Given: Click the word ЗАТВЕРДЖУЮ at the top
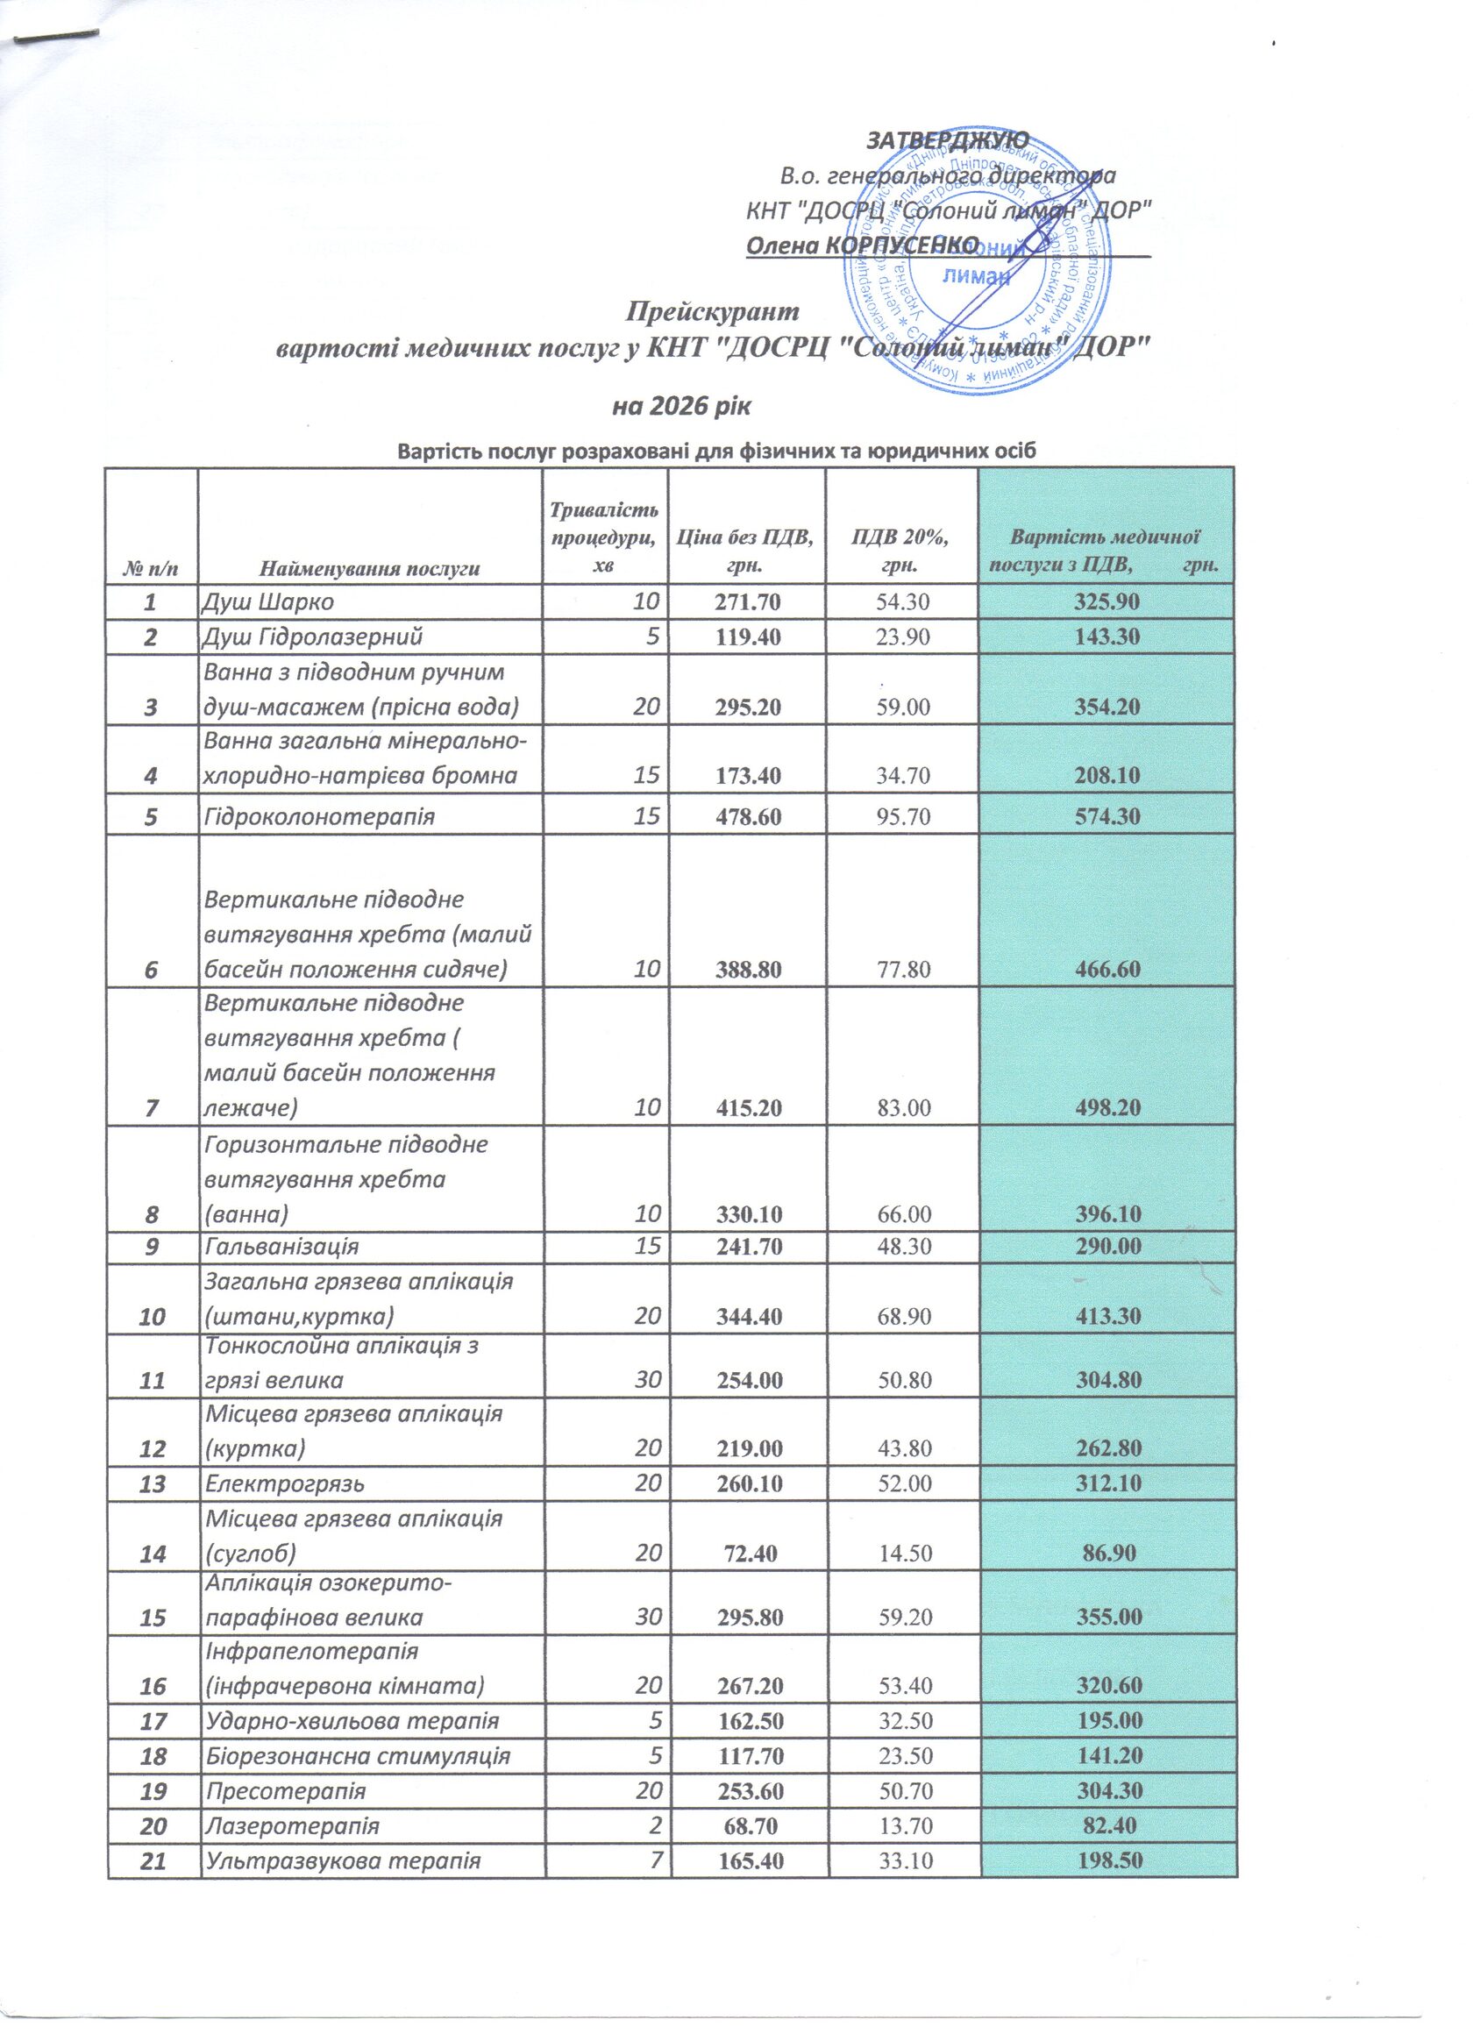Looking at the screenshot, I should click(x=947, y=140).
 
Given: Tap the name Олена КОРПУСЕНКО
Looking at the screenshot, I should click(x=862, y=244).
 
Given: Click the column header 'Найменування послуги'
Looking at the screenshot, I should click(x=369, y=567).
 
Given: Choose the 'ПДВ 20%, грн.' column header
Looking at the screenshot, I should click(x=901, y=551).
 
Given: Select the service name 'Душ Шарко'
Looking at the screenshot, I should click(x=267, y=601).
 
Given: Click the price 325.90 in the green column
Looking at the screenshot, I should click(x=1107, y=601).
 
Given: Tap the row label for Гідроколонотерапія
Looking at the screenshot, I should click(x=319, y=816).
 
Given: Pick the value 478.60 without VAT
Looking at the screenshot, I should click(x=747, y=816).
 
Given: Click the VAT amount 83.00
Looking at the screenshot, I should click(x=903, y=1108).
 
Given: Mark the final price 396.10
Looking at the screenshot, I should click(x=1107, y=1213).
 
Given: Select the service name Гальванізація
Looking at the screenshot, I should click(x=281, y=1246).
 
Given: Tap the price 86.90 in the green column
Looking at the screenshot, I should click(x=1107, y=1554).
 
